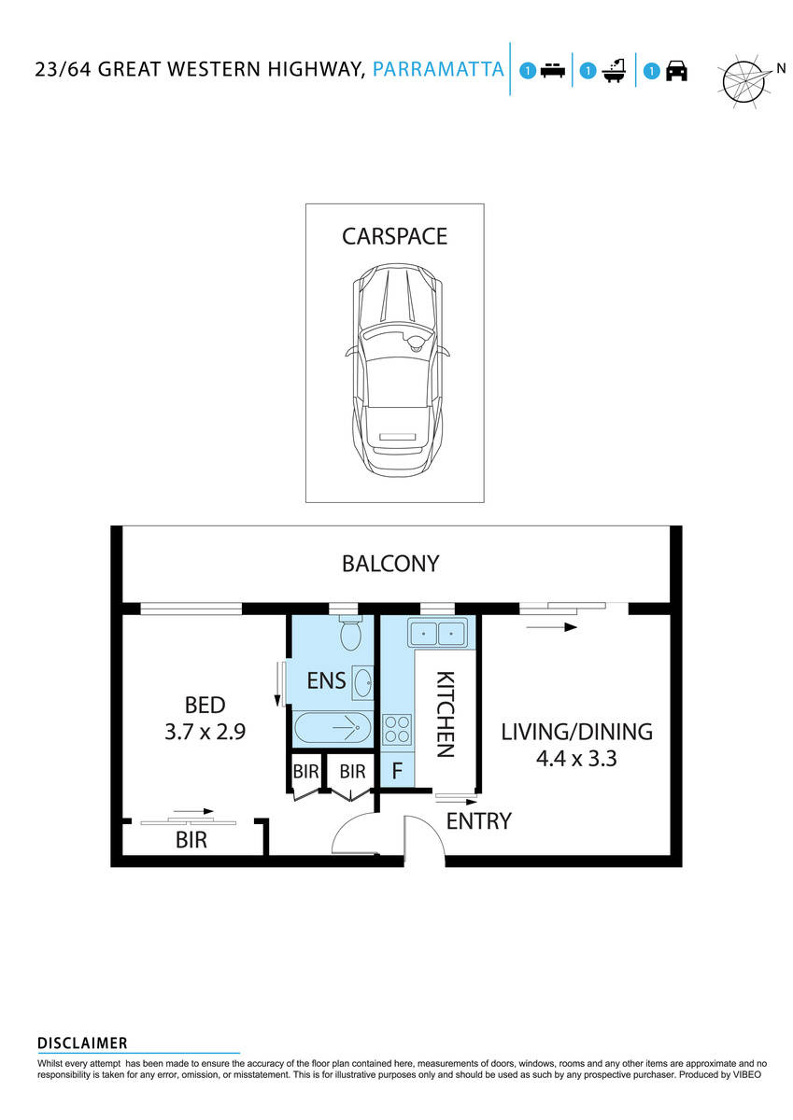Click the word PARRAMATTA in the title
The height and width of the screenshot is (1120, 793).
pyautogui.click(x=438, y=69)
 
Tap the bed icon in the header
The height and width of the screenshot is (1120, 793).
pyautogui.click(x=554, y=71)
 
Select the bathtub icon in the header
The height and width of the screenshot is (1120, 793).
pyautogui.click(x=614, y=71)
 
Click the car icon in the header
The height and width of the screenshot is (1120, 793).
pyautogui.click(x=677, y=71)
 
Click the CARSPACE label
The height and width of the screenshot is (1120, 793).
pyautogui.click(x=394, y=236)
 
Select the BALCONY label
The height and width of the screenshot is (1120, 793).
pyautogui.click(x=390, y=564)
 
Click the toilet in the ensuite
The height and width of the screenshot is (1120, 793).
pyautogui.click(x=350, y=634)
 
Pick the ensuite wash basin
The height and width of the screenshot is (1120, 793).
pyautogui.click(x=361, y=682)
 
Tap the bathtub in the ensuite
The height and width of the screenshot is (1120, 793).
pyautogui.click(x=332, y=727)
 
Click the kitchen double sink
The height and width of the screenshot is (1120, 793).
pyautogui.click(x=437, y=634)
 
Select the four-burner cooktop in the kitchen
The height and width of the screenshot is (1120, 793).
pyautogui.click(x=397, y=728)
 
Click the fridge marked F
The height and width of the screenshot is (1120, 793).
pyautogui.click(x=397, y=772)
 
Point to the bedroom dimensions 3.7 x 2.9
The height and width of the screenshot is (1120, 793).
pyautogui.click(x=205, y=732)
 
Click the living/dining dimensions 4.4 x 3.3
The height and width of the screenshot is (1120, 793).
pyautogui.click(x=576, y=758)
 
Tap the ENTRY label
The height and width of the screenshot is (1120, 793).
pyautogui.click(x=478, y=821)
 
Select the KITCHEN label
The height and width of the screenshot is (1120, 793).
pyautogui.click(x=446, y=714)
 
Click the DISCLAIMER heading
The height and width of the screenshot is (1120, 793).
pyautogui.click(x=82, y=1043)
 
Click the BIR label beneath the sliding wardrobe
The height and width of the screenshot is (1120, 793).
pyautogui.click(x=191, y=840)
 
